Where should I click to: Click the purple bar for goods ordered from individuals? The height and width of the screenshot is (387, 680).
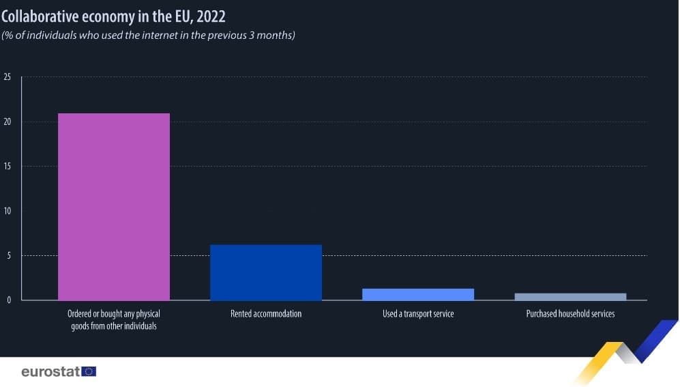114,206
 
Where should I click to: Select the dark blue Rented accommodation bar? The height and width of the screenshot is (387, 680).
265,272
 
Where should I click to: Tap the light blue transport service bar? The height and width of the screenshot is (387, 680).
417,294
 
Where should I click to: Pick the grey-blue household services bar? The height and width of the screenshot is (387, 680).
570,296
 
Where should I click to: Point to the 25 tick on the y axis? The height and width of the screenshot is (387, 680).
8,77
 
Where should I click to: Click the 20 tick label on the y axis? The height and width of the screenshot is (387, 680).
8,122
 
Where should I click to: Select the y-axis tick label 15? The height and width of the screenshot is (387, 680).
8,167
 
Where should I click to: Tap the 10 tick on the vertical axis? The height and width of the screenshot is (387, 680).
8,211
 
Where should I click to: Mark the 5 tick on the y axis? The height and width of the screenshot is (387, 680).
9,256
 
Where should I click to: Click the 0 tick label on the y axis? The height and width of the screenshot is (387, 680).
9,300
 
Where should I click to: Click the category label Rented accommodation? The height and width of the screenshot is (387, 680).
265,314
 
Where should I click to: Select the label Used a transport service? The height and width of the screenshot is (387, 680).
417,314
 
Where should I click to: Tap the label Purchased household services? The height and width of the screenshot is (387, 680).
570,314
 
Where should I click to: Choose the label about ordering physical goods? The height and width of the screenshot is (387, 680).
113,320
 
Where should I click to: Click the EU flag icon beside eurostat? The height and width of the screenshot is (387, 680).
89,371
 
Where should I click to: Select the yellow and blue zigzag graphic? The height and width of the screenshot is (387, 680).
624,352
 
